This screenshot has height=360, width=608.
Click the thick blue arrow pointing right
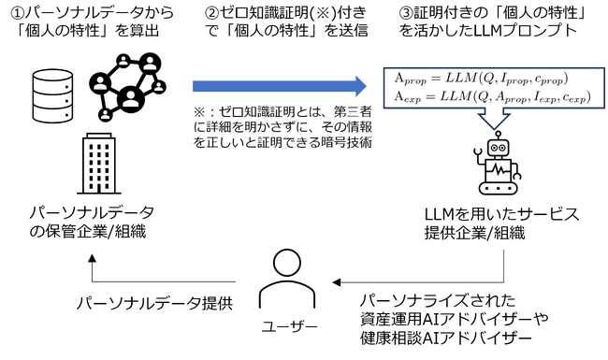click(281, 87)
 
